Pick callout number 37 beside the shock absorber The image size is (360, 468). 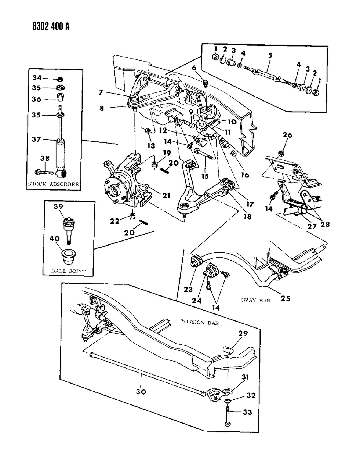[37, 139]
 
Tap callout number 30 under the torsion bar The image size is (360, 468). [141, 392]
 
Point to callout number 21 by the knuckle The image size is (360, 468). [166, 196]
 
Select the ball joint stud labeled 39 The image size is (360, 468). [68, 227]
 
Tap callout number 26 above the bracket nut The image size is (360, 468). [287, 135]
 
